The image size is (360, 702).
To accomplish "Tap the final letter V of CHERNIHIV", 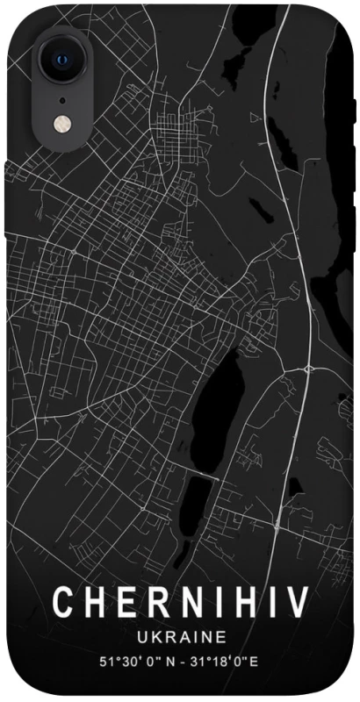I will [295, 603].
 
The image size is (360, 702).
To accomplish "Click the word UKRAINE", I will [180, 635].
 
